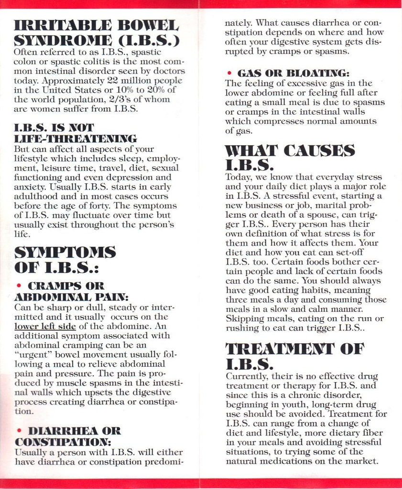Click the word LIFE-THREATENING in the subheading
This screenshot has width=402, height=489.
[x=76, y=138]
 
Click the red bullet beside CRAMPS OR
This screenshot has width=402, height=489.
[x=18, y=286]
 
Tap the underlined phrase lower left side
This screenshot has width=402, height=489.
[x=45, y=326]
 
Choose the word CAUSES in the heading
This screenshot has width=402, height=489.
[x=320, y=151]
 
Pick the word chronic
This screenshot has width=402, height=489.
[x=310, y=395]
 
